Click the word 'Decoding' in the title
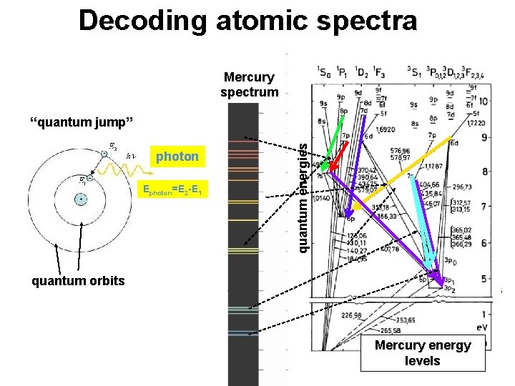click(143, 21)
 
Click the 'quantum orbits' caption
click(77, 280)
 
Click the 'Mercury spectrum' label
click(249, 84)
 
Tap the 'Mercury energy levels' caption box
click(423, 353)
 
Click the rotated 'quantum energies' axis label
click(303, 197)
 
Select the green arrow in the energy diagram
click(332, 149)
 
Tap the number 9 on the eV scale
click(484, 137)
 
